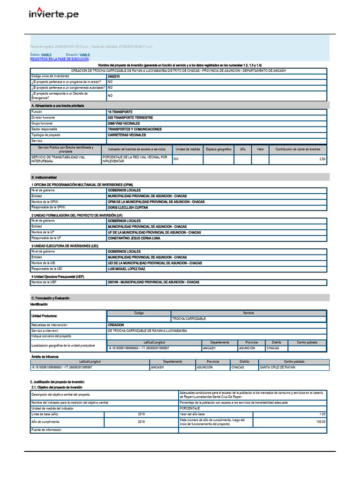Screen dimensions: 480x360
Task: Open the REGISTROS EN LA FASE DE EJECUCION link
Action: (x=59, y=60)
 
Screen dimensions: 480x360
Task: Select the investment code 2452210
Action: (x=114, y=76)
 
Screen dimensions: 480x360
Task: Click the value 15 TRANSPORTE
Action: (x=120, y=112)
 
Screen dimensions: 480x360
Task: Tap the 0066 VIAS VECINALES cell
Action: (x=124, y=123)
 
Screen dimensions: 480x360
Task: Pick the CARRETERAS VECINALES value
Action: (x=127, y=135)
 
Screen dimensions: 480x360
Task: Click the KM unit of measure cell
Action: (x=176, y=159)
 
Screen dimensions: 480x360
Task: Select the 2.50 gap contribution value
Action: (x=322, y=159)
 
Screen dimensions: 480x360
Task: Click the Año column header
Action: (x=242, y=149)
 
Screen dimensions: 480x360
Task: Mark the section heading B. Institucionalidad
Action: (x=44, y=178)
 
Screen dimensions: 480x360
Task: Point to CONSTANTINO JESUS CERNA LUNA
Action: (x=134, y=238)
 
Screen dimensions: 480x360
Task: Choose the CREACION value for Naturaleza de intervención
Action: (x=116, y=325)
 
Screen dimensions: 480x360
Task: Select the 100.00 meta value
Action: (x=320, y=421)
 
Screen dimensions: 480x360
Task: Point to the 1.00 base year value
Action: (x=322, y=414)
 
